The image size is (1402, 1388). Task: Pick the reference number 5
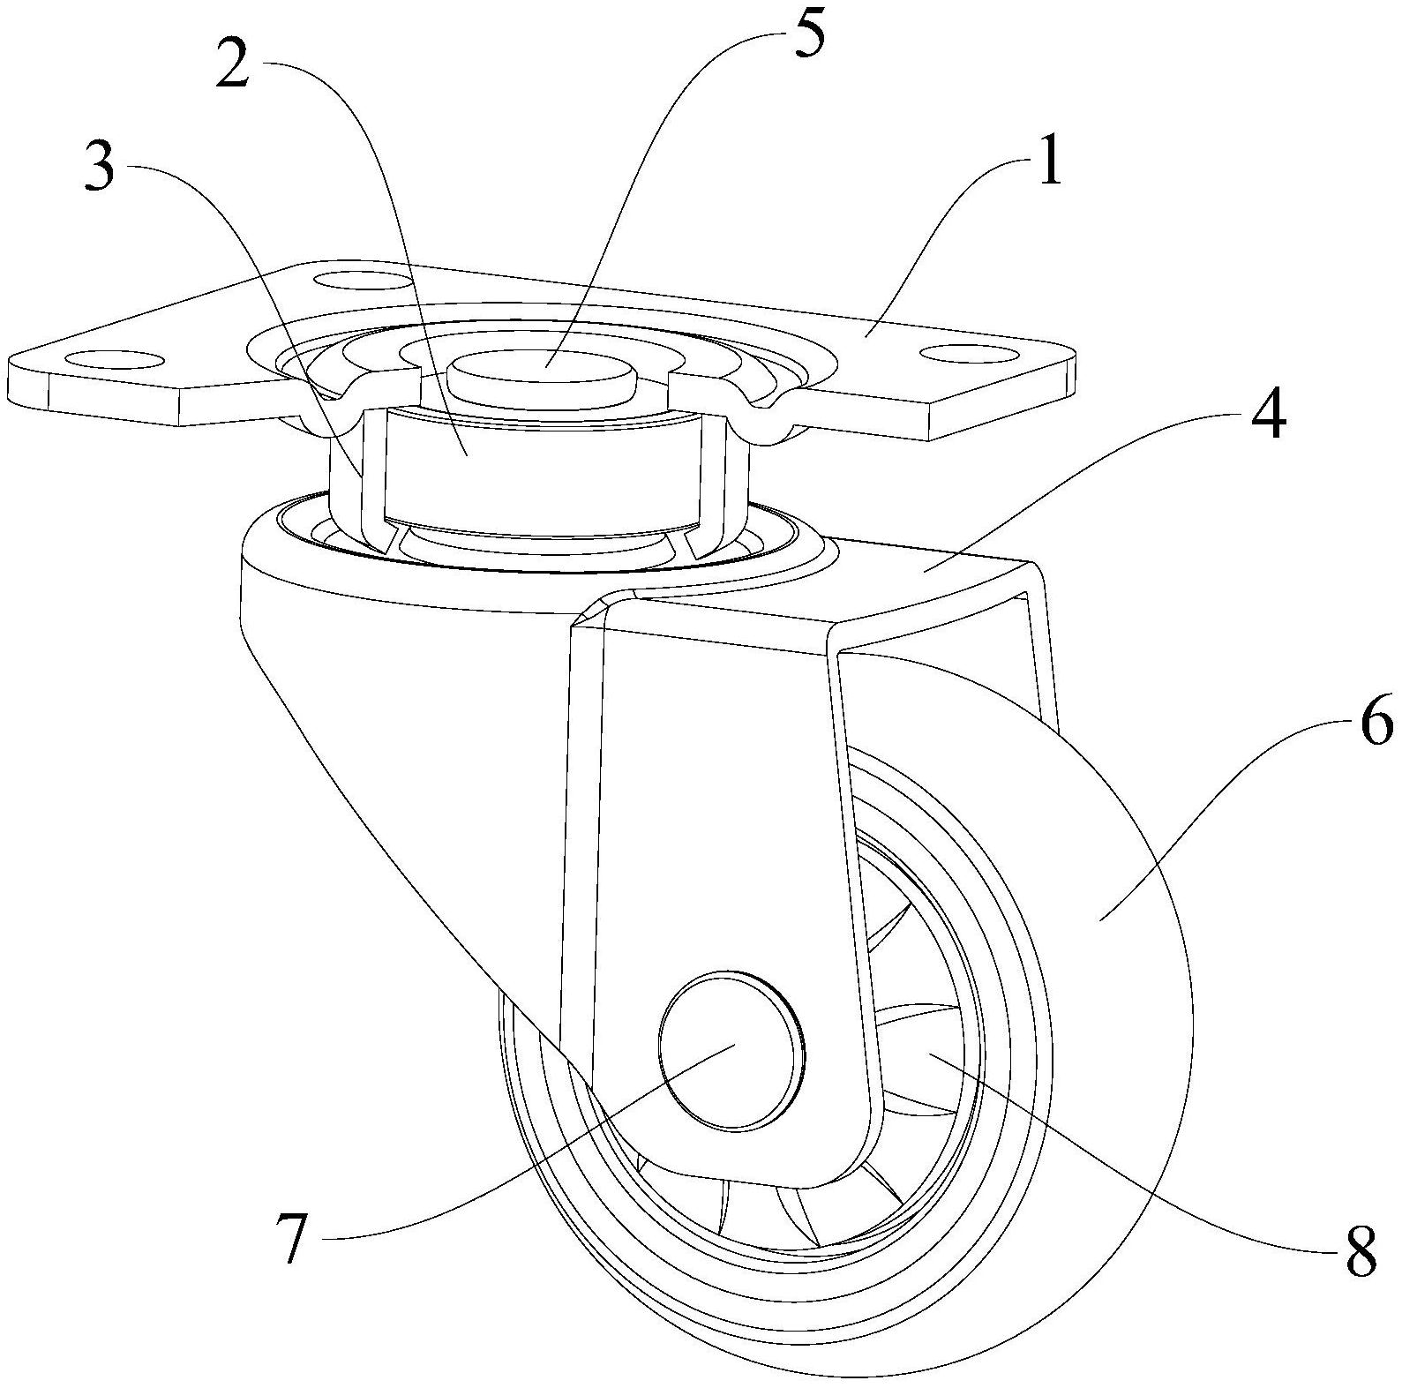click(x=808, y=33)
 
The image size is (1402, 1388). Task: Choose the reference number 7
click(x=291, y=1237)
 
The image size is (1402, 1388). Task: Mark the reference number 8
click(x=1360, y=1249)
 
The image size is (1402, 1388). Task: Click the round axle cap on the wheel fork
click(x=731, y=1050)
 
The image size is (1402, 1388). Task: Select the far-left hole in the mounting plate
click(x=115, y=360)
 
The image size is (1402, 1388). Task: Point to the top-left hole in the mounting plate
click(x=362, y=283)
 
